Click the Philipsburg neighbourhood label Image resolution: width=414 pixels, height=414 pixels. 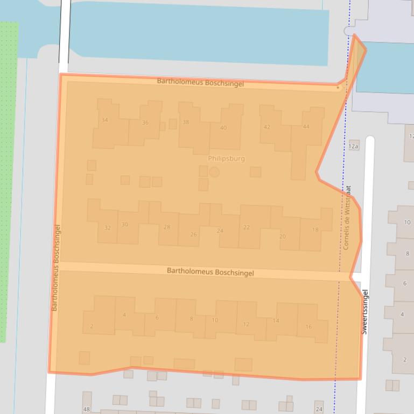point(226,159)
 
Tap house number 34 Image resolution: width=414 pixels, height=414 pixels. point(104,120)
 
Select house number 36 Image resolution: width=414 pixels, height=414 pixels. point(145,123)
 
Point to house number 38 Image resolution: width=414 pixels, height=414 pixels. point(186,122)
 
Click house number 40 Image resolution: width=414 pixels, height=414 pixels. point(223,128)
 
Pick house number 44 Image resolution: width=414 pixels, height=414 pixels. point(306,127)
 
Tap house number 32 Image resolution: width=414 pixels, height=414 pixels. point(108,228)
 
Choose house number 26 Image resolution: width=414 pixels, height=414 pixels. point(193,234)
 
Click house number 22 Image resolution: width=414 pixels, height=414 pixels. point(247,227)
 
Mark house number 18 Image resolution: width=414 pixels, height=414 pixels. point(315,230)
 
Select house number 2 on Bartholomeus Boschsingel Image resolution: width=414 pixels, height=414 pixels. point(92,326)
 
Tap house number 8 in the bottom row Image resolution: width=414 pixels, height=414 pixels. point(191,319)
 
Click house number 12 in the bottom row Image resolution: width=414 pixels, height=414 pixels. point(246,324)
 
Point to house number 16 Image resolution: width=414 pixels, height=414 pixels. point(308,327)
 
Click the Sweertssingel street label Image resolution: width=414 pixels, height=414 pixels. point(365,312)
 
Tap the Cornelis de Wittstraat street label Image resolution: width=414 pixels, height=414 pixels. point(347,218)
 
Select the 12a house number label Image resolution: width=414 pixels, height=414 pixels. point(353,146)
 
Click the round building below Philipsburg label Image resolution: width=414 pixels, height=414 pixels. point(214,172)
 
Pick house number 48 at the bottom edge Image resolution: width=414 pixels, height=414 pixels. point(86,410)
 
